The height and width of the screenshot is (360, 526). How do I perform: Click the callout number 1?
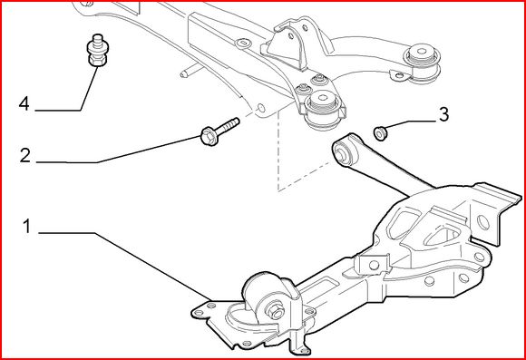(x=27, y=227)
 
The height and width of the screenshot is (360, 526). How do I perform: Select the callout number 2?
(x=24, y=156)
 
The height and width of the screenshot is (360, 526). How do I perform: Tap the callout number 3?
(x=443, y=114)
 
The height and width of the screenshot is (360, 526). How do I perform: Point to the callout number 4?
(x=24, y=103)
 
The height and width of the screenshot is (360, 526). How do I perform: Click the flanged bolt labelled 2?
(x=219, y=131)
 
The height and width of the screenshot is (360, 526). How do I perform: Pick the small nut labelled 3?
(x=379, y=133)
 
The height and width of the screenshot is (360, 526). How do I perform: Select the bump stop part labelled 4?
(x=97, y=50)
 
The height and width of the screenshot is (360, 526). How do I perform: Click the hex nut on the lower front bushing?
(x=275, y=311)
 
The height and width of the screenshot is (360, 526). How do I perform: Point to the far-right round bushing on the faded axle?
(x=423, y=63)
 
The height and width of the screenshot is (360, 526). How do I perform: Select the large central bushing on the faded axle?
(x=323, y=108)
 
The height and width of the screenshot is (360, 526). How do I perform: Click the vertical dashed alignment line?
(x=278, y=151)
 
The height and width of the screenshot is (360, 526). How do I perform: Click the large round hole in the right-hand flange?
(x=483, y=223)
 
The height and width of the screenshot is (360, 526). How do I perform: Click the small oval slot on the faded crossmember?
(x=243, y=43)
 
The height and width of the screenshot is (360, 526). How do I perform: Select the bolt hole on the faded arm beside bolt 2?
(x=260, y=108)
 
